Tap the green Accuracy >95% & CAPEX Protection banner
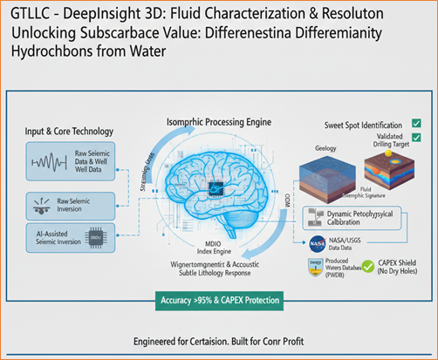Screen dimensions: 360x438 point(218,302)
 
